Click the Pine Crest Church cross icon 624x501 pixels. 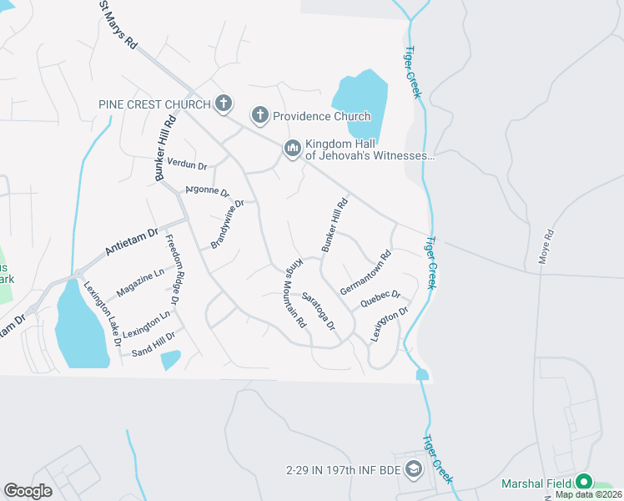223,104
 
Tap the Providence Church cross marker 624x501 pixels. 259,116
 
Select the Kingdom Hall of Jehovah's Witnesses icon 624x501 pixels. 292,149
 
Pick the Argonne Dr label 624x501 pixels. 207,191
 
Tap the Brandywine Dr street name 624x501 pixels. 227,225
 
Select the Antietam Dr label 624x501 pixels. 131,242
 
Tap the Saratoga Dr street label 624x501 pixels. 319,310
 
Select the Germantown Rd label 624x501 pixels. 365,273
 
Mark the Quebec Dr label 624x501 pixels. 380,300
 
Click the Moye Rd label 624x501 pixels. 546,247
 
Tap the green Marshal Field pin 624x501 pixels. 584,483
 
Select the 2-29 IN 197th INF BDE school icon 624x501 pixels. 413,471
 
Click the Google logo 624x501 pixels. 28,491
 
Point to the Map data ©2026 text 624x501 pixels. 588,494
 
